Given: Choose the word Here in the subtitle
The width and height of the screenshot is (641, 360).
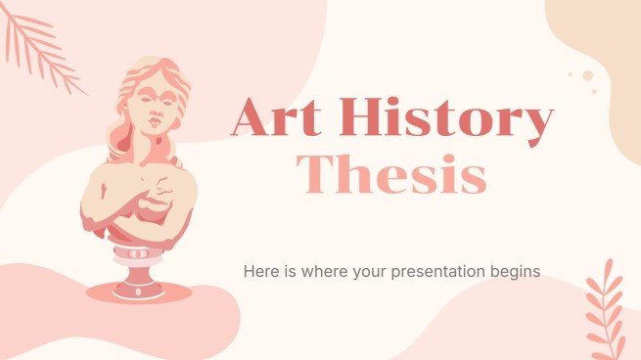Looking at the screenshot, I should [263, 271].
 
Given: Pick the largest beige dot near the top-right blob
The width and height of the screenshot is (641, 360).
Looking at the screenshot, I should [587, 75].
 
